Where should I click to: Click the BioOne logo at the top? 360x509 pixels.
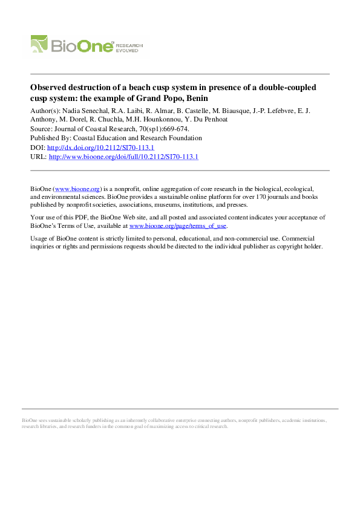click(x=73, y=45)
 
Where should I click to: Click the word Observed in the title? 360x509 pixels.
click(x=50, y=88)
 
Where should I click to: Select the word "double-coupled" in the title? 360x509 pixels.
click(x=287, y=88)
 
